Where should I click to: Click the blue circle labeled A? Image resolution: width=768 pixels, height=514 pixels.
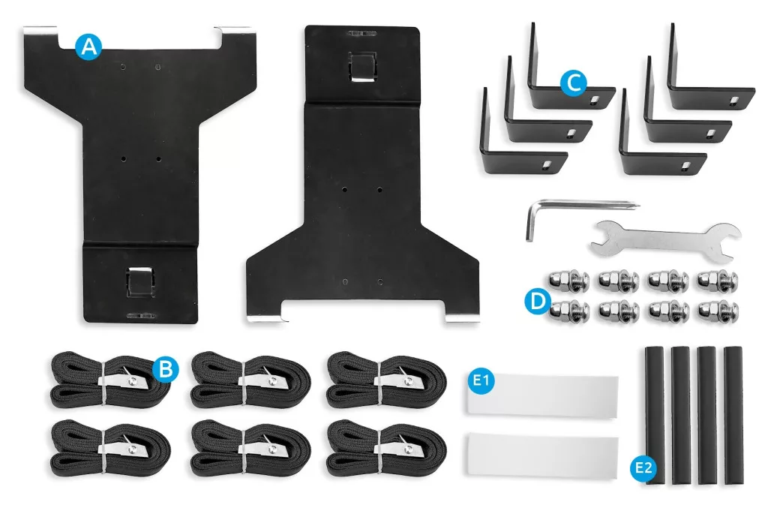(x=88, y=47)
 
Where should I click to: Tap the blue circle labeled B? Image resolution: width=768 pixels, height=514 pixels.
(x=166, y=368)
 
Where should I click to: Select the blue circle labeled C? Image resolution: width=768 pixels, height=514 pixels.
(x=573, y=83)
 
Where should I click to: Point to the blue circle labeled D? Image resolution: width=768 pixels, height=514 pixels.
(x=538, y=301)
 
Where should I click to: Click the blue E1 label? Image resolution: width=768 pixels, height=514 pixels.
(x=481, y=380)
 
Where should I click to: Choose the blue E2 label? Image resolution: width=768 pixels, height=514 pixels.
(x=643, y=468)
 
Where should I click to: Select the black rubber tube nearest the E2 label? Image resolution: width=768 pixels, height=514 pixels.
(x=654, y=415)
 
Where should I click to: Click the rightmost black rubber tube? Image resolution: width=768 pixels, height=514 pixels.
(x=733, y=414)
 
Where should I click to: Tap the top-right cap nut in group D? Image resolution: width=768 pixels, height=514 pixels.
(x=718, y=281)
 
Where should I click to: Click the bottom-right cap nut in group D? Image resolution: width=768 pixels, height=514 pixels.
(x=718, y=310)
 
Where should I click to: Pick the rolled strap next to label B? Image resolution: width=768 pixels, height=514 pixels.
(x=110, y=380)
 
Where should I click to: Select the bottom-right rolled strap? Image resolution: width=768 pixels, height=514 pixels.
(x=386, y=449)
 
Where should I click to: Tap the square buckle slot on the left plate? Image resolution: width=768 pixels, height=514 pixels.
(x=140, y=282)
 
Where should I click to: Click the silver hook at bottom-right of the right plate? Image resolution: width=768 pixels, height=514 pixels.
(x=462, y=318)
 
